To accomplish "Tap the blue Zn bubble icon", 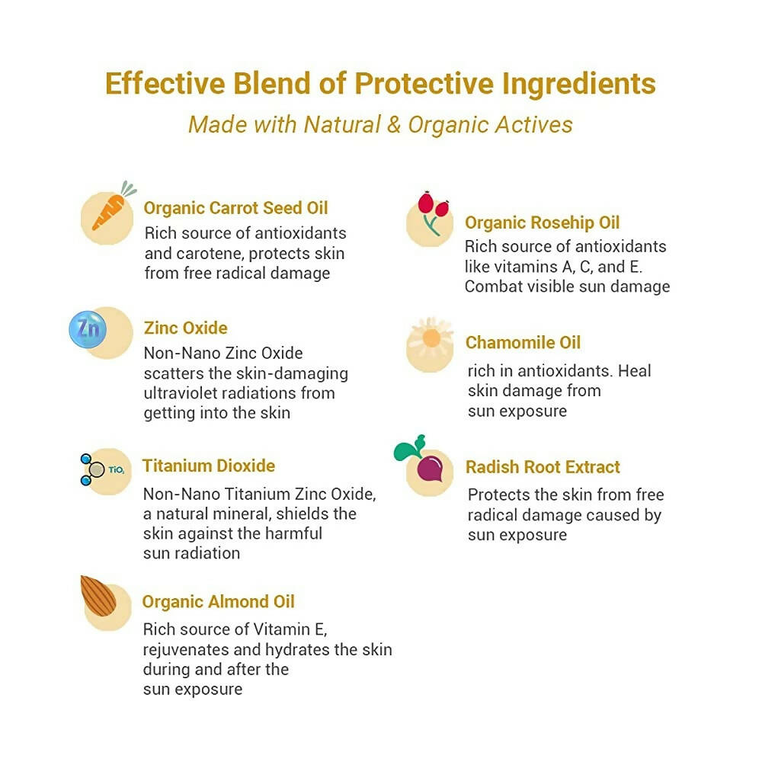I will (88, 330).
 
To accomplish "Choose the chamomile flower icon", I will (431, 338).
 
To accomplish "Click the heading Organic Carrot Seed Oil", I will (236, 208).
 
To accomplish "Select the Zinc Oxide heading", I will (186, 328).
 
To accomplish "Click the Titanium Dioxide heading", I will (209, 466).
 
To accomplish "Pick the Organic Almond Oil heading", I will (218, 602).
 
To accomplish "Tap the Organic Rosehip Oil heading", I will (542, 223).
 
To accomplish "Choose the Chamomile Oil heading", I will (523, 343).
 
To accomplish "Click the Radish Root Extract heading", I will (543, 467).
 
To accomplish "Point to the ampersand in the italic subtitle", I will (393, 124).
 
